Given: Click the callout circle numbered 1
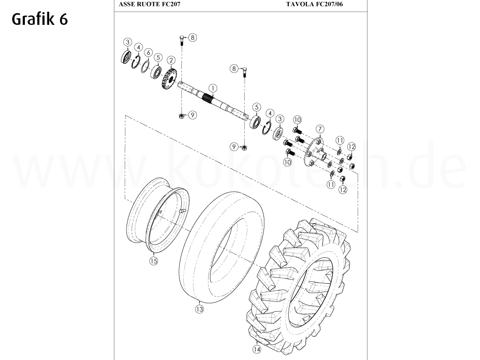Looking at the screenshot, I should click(x=213, y=88).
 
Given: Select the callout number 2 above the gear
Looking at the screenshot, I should click(x=172, y=60).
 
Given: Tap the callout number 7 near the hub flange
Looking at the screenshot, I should click(x=320, y=128).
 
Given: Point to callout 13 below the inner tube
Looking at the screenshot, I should click(x=200, y=309).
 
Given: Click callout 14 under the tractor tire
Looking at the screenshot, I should click(x=256, y=349).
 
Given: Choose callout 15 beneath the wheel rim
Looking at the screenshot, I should click(x=153, y=261).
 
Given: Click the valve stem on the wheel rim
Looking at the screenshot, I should click(x=181, y=212).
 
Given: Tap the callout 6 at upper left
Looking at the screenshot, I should click(x=148, y=52).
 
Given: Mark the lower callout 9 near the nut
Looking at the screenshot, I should click(x=233, y=147).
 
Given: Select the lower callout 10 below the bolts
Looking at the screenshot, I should click(x=287, y=162).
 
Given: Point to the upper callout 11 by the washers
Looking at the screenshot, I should click(x=339, y=140).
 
